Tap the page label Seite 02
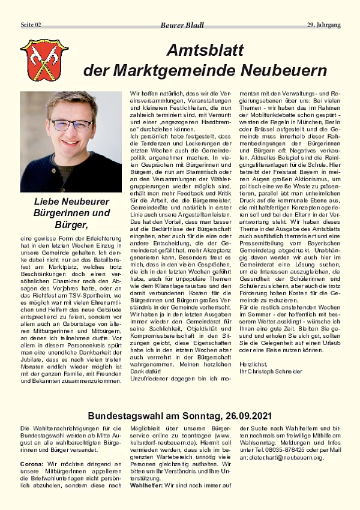click(x=31, y=25)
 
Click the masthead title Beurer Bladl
click(x=182, y=25)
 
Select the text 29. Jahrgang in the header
click(x=323, y=25)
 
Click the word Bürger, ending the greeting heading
click(x=71, y=225)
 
